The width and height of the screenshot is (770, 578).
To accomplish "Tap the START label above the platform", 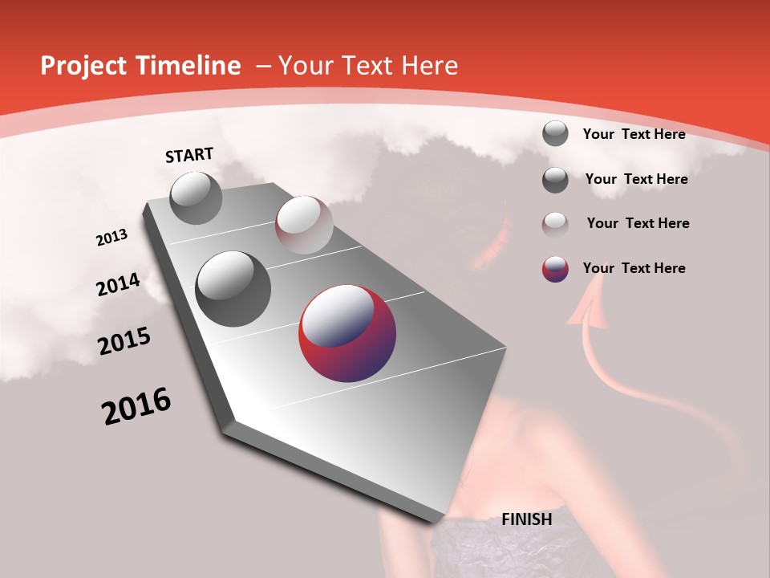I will [189, 155].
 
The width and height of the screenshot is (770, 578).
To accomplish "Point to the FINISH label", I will [527, 519].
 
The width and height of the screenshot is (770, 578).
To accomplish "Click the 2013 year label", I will [112, 238].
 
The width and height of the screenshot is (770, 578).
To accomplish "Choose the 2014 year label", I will [119, 284].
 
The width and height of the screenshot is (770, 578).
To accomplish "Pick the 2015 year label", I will [124, 340].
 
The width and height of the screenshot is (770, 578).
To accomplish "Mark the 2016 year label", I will [136, 406].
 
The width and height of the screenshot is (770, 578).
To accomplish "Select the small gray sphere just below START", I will [196, 197].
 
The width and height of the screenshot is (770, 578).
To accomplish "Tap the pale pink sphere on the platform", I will [303, 225].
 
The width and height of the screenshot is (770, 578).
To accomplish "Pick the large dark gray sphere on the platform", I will [233, 289].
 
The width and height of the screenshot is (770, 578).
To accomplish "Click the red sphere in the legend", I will [555, 269].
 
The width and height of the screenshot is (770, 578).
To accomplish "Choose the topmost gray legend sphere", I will [555, 133].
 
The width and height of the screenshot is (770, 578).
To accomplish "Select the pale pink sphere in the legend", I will [555, 224].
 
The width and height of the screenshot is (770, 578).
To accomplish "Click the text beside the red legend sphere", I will [634, 268].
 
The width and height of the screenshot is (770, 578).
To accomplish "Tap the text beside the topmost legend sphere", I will [634, 134].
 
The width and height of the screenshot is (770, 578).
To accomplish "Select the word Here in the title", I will [429, 66].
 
